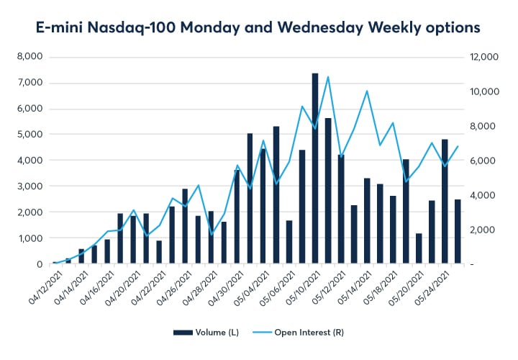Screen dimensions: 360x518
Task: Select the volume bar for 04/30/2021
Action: [x=237, y=217]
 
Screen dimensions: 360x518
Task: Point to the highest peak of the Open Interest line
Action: [x=328, y=77]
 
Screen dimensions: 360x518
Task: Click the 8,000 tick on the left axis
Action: [x=29, y=57]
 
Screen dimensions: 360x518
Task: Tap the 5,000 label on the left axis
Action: [x=29, y=135]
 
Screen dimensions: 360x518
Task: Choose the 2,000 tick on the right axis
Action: [x=483, y=230]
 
